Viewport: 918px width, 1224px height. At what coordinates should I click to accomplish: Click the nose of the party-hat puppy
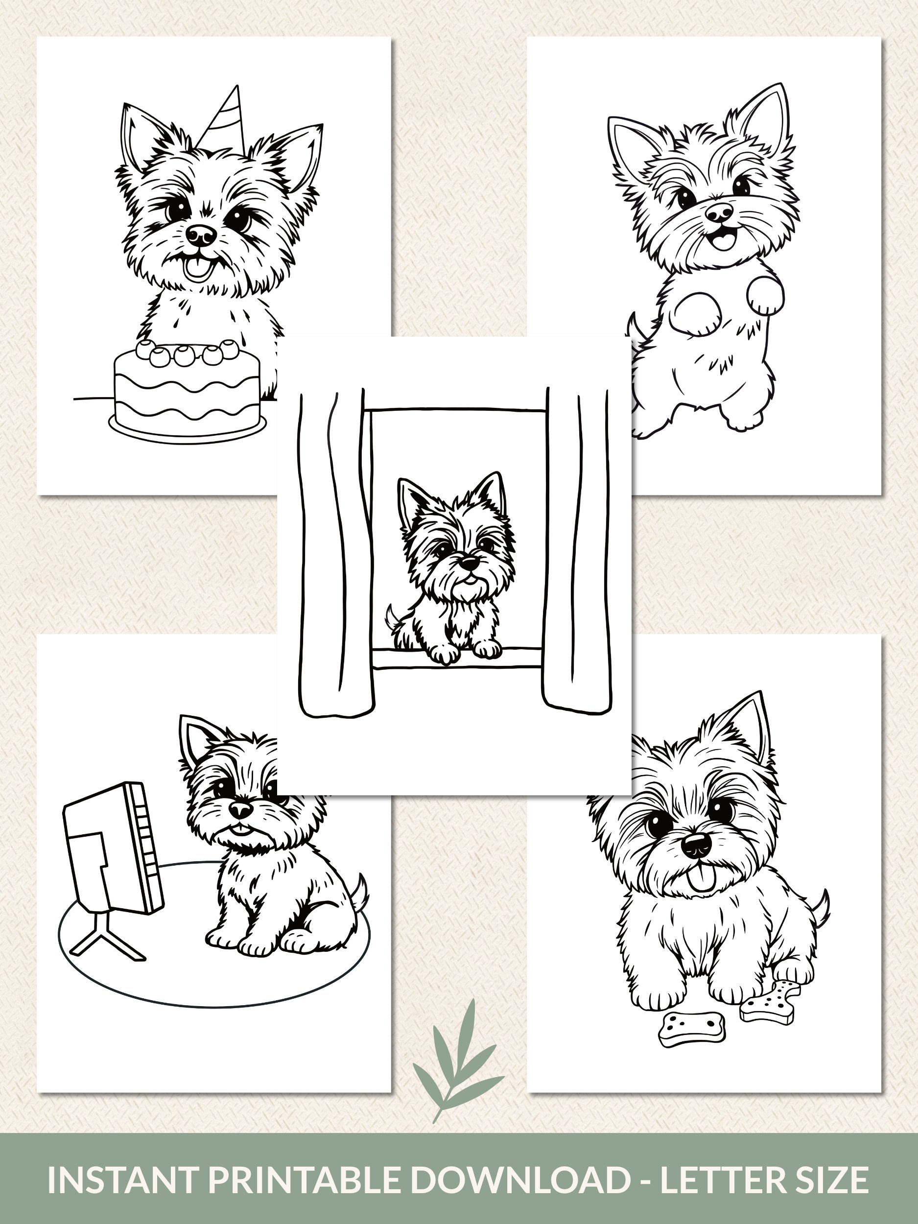coord(201,235)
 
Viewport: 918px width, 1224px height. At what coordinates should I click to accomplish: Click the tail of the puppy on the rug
coord(358,892)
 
